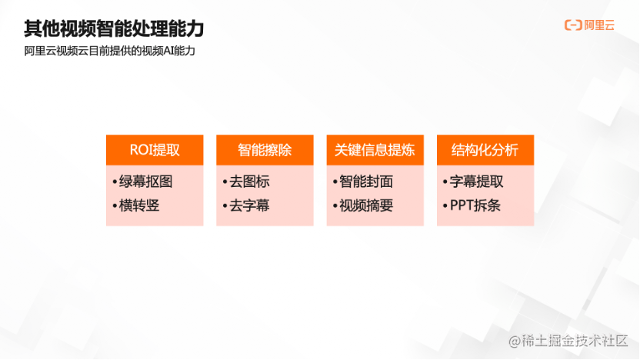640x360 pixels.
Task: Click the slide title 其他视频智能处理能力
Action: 114,29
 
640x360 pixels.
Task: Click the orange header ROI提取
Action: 155,150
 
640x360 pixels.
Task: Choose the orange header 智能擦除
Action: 265,150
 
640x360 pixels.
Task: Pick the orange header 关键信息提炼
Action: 375,150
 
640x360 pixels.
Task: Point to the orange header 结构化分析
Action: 485,150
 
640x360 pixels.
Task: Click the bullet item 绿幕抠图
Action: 146,182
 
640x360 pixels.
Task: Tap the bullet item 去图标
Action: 250,182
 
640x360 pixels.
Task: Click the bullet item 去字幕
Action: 250,205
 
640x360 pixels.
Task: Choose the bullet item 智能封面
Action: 366,182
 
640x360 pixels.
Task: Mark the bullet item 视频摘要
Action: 366,205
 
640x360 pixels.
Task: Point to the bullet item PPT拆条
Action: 475,205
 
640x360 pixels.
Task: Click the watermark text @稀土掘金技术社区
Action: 568,341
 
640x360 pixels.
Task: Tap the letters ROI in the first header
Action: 141,150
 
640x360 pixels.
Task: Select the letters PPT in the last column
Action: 463,205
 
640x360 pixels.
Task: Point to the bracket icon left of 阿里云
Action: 572,25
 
